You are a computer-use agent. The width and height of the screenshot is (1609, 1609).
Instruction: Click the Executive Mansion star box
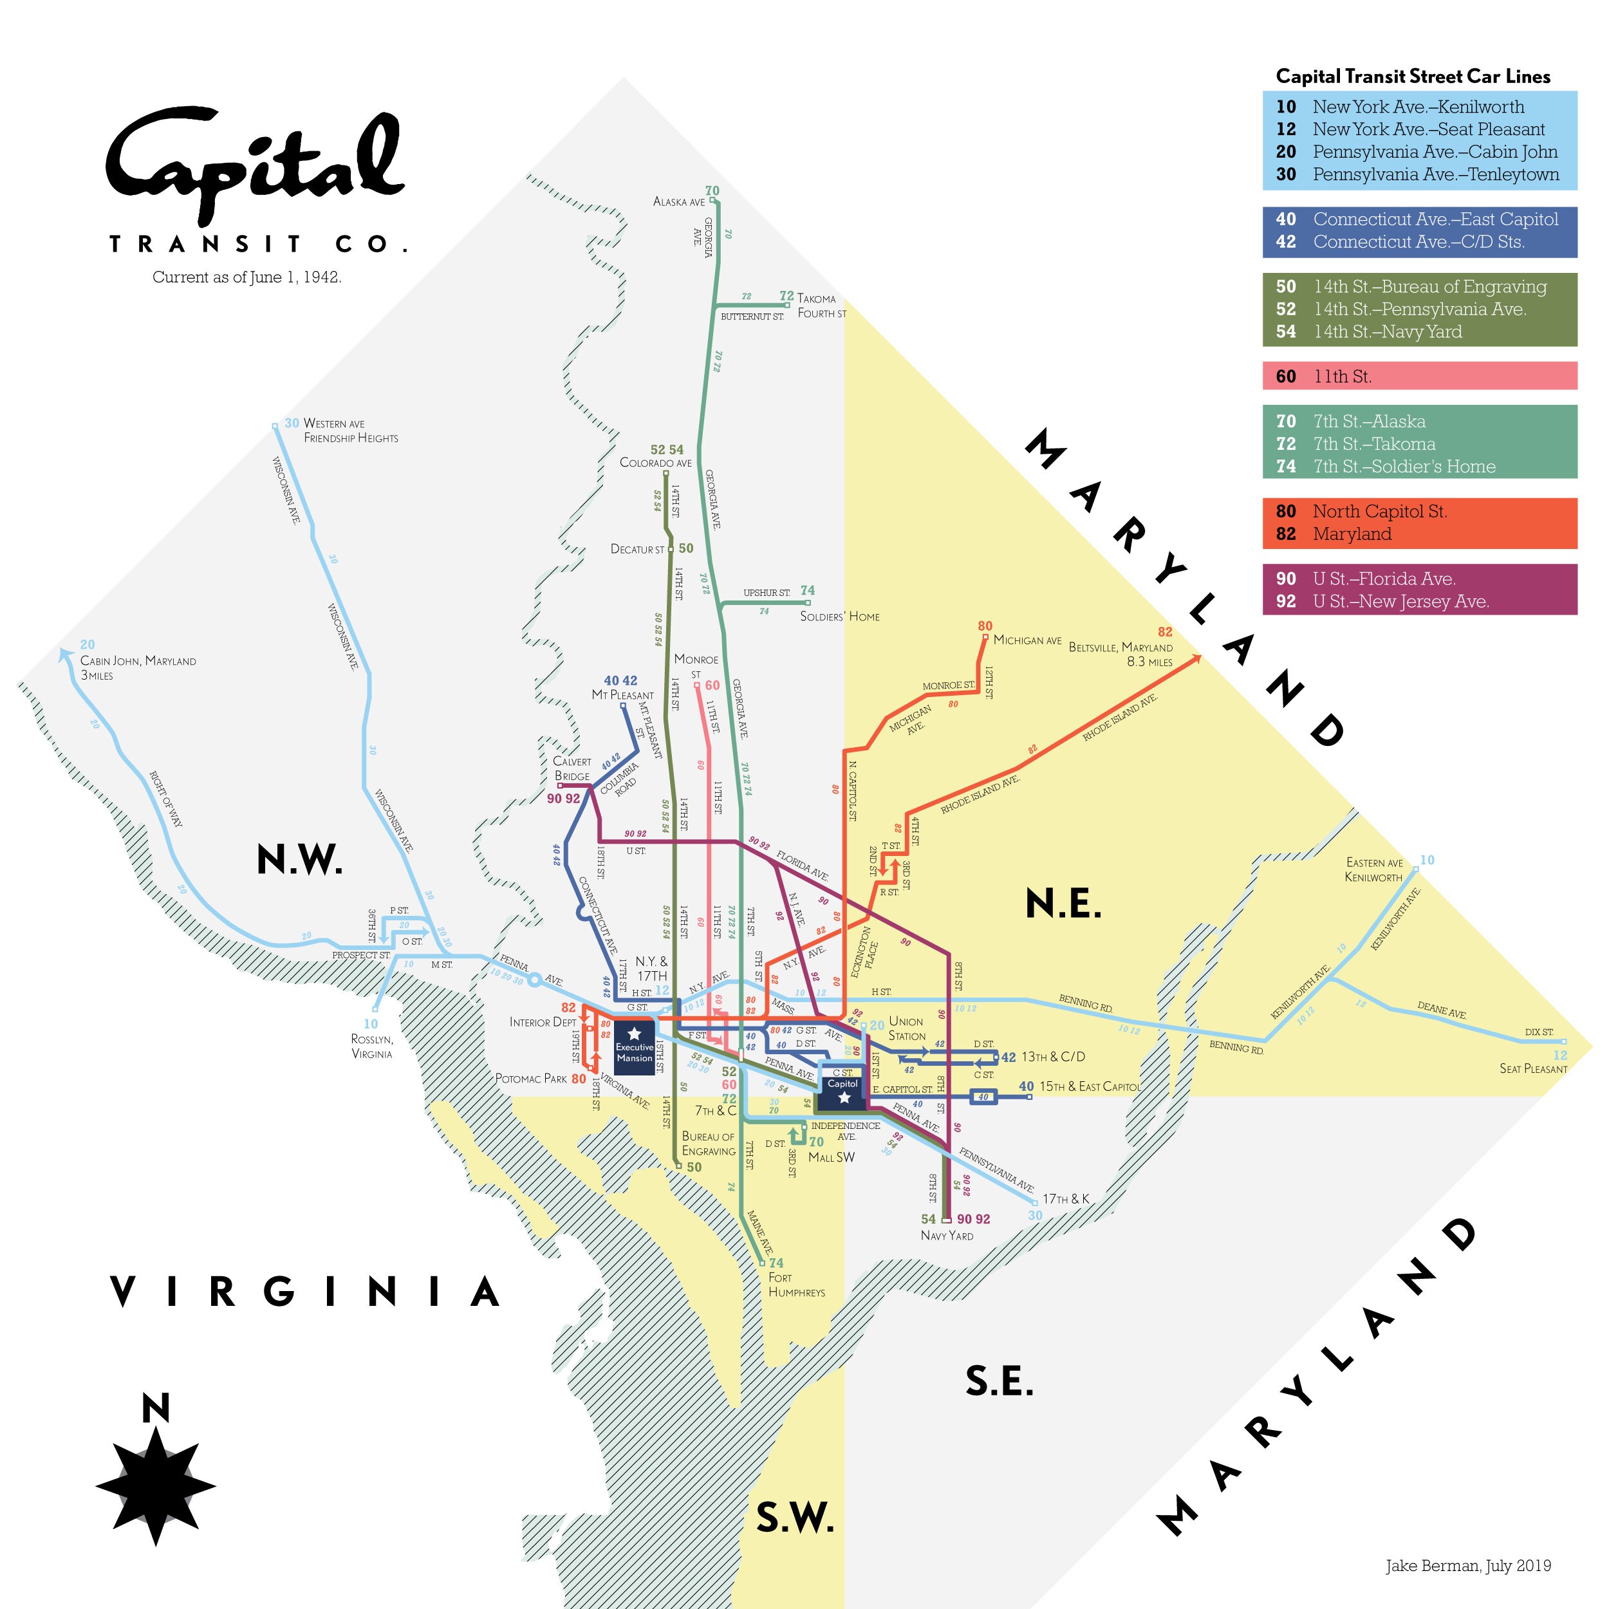[635, 1048]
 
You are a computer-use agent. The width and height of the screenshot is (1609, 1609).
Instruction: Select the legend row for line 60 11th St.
[1419, 376]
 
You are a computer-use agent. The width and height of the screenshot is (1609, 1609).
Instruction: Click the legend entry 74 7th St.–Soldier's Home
[1419, 467]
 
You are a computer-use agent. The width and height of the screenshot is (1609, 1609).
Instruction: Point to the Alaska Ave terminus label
[679, 201]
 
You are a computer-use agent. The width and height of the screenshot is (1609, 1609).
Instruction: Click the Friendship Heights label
[351, 438]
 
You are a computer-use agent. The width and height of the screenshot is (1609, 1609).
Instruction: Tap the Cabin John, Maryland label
[138, 661]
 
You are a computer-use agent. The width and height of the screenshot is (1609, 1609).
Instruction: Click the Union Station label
[906, 1028]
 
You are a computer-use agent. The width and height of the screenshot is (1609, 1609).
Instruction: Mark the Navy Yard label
[947, 1236]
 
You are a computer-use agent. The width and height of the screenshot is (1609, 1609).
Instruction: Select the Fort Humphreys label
[796, 1285]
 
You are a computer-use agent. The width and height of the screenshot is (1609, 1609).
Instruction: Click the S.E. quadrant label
[1000, 1382]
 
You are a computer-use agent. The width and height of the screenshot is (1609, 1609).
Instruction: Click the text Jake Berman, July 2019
[1467, 1566]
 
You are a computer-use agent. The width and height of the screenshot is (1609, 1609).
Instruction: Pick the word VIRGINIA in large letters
[305, 1292]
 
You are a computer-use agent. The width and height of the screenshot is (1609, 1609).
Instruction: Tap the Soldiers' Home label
[839, 617]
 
